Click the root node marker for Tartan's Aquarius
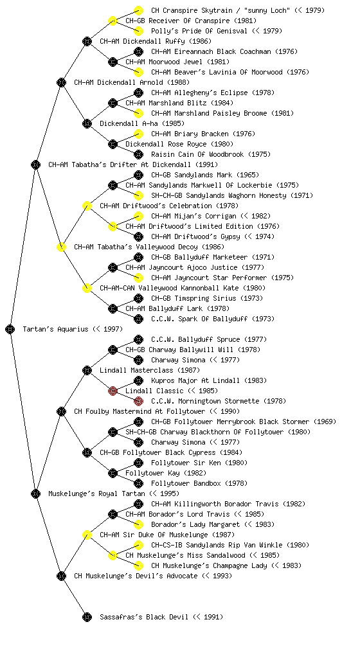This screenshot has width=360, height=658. (10, 329)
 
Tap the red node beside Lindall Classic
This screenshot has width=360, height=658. (113, 391)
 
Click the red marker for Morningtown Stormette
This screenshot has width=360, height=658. (138, 401)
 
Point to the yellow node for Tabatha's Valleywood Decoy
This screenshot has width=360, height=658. (61, 247)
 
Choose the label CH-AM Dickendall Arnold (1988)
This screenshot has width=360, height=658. (132, 82)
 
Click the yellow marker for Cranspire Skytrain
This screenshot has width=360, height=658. (138, 10)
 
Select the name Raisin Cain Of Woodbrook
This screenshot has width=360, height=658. (197, 154)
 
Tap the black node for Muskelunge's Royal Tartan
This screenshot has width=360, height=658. (35, 493)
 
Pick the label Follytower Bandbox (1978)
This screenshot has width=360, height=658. (199, 483)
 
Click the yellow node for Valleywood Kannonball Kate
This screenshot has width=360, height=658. (87, 288)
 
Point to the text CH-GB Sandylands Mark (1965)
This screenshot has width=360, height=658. (205, 175)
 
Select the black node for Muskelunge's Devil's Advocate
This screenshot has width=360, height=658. (61, 576)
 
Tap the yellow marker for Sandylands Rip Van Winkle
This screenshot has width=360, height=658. (138, 545)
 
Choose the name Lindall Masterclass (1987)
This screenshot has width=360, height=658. (150, 370)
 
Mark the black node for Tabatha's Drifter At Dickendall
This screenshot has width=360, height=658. (35, 164)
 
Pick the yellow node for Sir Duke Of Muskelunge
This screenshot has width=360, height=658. (87, 535)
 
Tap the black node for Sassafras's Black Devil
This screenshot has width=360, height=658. (87, 617)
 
